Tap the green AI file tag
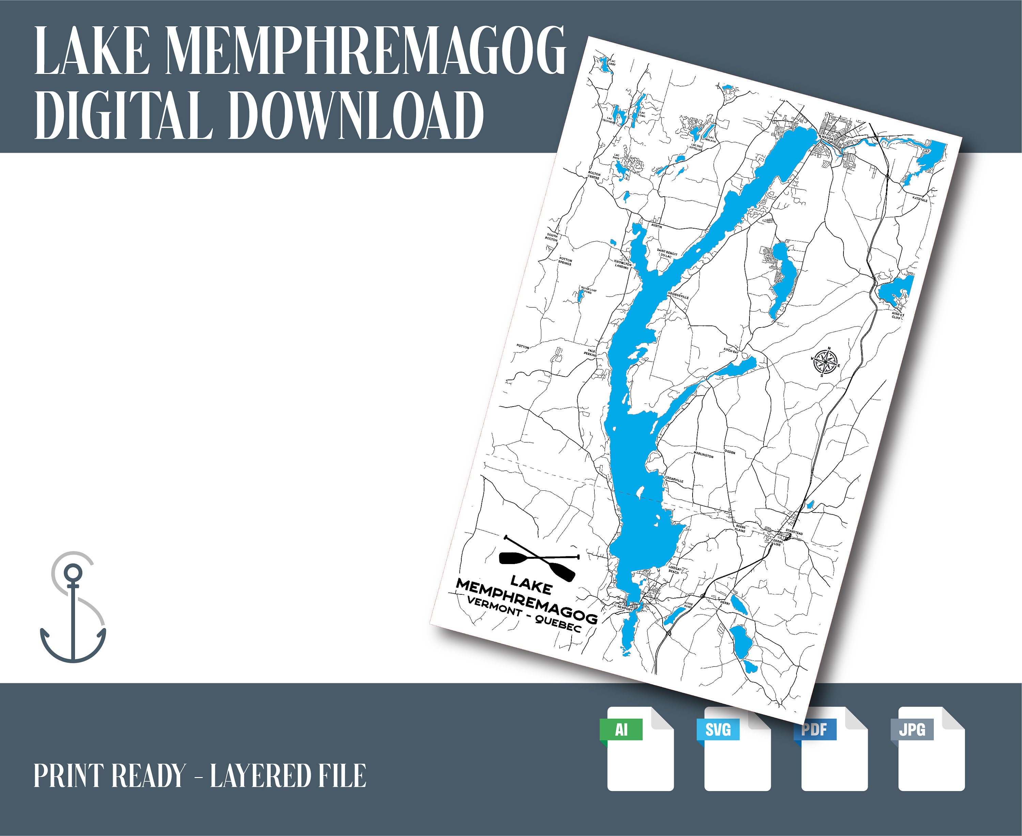tap(621, 730)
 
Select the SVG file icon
tap(737, 749)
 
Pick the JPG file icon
tap(931, 749)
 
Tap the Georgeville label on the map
tap(678, 295)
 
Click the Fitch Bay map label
tap(731, 351)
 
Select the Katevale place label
tap(919, 198)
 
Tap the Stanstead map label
tap(794, 533)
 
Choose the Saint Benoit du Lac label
tap(667, 254)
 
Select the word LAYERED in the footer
tap(260, 776)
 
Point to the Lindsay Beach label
tap(675, 570)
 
